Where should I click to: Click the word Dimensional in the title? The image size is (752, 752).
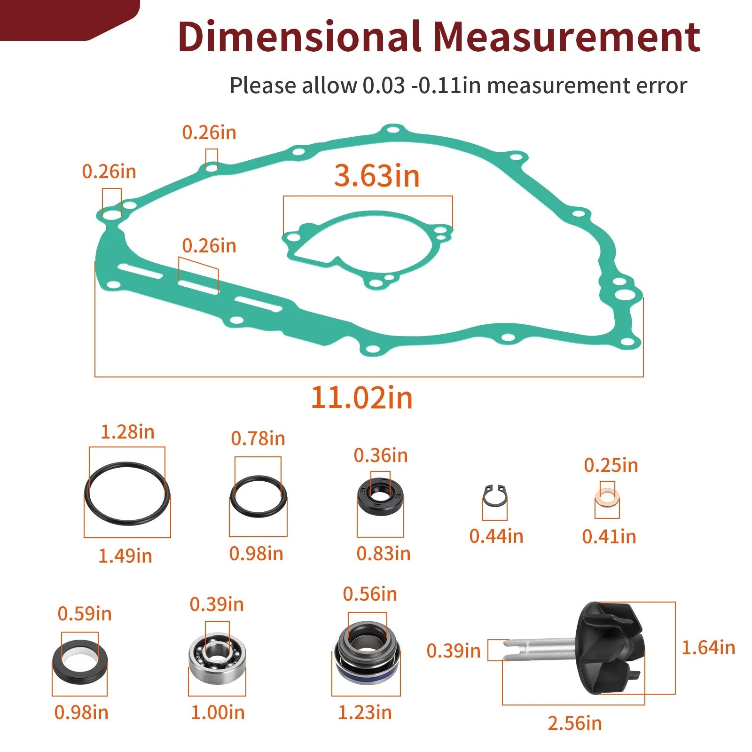coord(299,37)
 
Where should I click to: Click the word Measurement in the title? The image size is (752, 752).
coord(567,37)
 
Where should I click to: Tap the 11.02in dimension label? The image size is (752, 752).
coord(362,398)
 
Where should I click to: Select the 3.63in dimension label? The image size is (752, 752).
coord(377,176)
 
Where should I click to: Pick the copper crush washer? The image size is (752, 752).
coord(607,495)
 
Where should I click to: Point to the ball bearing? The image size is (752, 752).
coord(217,653)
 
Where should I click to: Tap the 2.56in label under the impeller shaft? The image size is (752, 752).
coord(575,723)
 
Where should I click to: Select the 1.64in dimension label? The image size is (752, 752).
coord(708,648)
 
